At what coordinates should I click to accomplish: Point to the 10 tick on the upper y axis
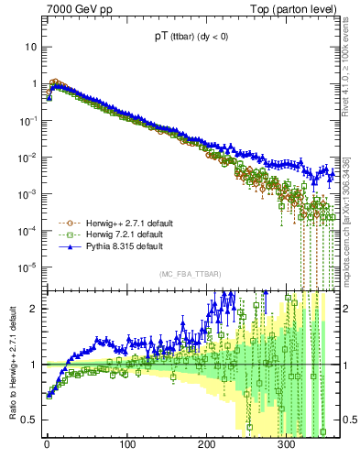[29, 47]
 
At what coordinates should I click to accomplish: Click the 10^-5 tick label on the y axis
[27, 267]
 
